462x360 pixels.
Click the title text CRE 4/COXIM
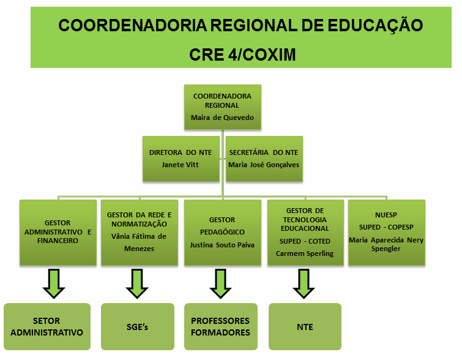242,54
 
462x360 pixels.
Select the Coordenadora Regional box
223,107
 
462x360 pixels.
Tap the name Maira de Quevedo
222,118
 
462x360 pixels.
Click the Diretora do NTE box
181,159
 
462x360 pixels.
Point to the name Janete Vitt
180,165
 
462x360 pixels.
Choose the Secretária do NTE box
264,159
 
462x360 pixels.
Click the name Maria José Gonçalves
264,165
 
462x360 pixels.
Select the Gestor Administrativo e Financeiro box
58,233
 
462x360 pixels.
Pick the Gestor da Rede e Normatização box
140,233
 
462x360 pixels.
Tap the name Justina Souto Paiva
222,245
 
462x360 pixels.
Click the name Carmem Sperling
305,253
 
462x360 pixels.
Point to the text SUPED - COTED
305,241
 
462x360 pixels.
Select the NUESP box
387,233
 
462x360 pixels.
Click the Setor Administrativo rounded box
47,326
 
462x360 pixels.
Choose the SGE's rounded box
137,326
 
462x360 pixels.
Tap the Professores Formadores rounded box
221,326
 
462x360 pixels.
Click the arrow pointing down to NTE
304,283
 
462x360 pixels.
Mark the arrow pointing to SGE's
137,283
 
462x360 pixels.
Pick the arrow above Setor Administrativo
54,283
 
